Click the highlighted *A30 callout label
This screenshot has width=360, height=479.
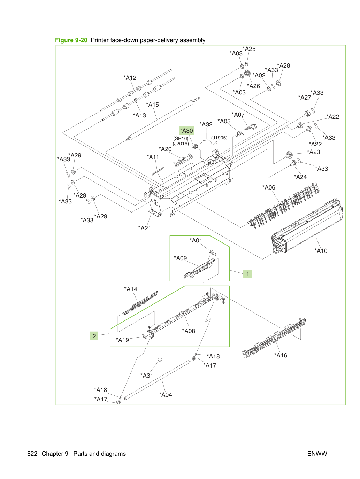point(186,131)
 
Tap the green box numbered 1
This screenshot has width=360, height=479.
point(247,274)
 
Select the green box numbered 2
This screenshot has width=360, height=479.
point(94,336)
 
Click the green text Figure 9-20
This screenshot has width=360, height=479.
point(71,40)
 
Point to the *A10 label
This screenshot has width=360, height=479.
point(321,251)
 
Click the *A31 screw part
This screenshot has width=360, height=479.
point(160,358)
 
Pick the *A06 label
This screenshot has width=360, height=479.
point(269,187)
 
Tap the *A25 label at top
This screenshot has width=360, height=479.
point(249,49)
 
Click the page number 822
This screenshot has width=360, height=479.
point(32,454)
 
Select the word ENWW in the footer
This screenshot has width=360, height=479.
point(317,454)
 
